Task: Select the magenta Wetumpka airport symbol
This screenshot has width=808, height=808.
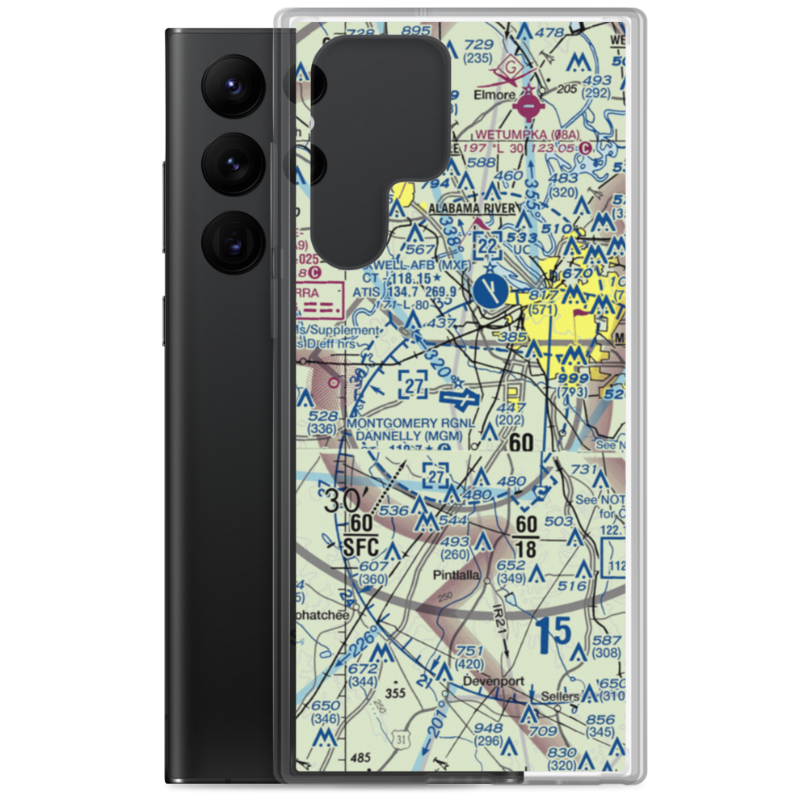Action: coord(528,104)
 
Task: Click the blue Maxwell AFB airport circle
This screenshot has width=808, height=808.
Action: coord(490,289)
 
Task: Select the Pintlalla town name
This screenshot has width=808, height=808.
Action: coord(455,575)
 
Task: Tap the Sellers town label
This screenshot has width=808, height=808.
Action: coord(560,696)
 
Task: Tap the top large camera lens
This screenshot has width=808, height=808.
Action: coord(234,83)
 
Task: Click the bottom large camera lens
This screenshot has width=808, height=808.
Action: coord(234,240)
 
